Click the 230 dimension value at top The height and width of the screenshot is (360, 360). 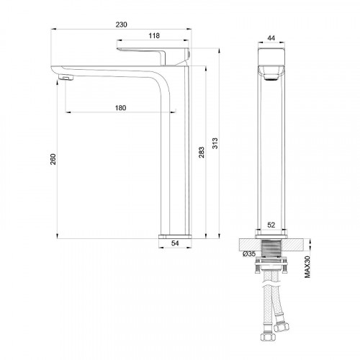(122, 24)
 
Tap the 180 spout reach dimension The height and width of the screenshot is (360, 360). (121, 108)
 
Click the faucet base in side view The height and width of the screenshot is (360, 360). (174, 235)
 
